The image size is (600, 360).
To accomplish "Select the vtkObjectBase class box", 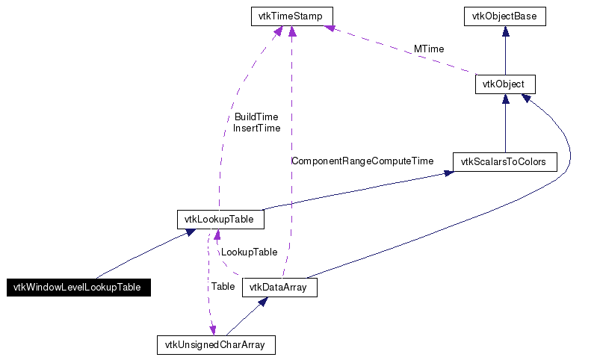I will [505, 16].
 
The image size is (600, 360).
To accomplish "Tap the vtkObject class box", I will [505, 84].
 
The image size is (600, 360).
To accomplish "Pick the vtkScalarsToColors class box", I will [505, 161].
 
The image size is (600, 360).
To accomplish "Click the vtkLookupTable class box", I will [220, 220].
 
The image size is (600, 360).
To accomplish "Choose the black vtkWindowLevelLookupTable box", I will [79, 288].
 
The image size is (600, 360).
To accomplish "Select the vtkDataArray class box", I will [279, 288].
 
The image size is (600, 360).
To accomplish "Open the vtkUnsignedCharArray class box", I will [216, 345].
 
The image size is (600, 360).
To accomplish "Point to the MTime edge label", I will [429, 49].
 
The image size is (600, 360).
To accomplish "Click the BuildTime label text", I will [256, 117].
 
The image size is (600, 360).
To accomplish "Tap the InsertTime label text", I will [256, 128].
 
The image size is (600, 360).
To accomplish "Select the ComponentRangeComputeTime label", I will [362, 161].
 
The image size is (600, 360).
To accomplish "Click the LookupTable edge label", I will [249, 252].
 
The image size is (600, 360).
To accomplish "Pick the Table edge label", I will [223, 286].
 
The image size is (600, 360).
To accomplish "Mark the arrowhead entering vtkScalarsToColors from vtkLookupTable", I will [448, 173].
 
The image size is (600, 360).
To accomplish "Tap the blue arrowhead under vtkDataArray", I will [263, 302].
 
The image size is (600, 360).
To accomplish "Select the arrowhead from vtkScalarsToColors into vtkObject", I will [505, 99].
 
